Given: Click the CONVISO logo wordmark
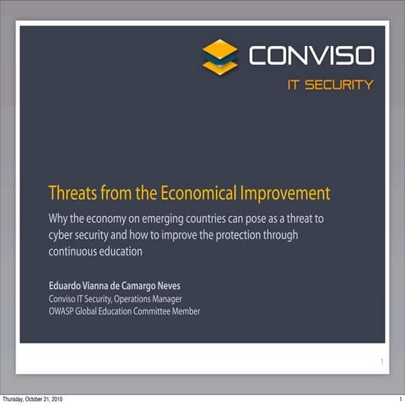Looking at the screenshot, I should click(311, 56).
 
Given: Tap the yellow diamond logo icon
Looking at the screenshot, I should click(219, 56).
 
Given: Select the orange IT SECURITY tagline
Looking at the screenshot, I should click(329, 85).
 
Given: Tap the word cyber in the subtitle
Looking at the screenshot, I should click(60, 235).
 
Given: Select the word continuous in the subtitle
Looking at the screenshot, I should click(72, 252).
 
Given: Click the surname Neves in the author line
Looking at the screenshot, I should click(163, 286).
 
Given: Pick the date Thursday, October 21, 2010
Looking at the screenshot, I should click(33, 399).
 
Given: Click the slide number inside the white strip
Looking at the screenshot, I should click(381, 361).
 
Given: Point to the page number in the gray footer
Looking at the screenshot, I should click(398, 399).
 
